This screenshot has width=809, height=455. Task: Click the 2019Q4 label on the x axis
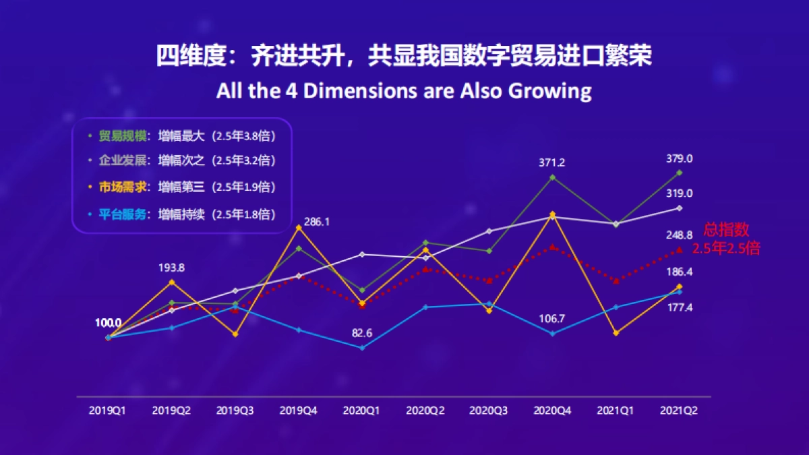(299, 410)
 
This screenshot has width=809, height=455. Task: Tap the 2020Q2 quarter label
(425, 410)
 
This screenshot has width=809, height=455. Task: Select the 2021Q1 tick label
(616, 410)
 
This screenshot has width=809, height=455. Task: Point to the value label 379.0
(679, 158)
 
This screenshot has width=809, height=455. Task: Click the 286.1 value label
(316, 220)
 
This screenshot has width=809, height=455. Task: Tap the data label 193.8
(172, 268)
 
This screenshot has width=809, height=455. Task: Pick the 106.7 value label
(552, 318)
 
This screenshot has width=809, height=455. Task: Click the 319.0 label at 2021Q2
(679, 193)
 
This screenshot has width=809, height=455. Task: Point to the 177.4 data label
(679, 307)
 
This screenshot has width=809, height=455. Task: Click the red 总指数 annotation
(726, 230)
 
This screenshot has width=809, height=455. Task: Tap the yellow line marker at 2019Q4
(299, 228)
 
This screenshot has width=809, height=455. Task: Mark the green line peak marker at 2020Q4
(552, 177)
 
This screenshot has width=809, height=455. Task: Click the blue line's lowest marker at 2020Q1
(362, 348)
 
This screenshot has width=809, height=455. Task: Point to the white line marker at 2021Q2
(679, 208)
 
